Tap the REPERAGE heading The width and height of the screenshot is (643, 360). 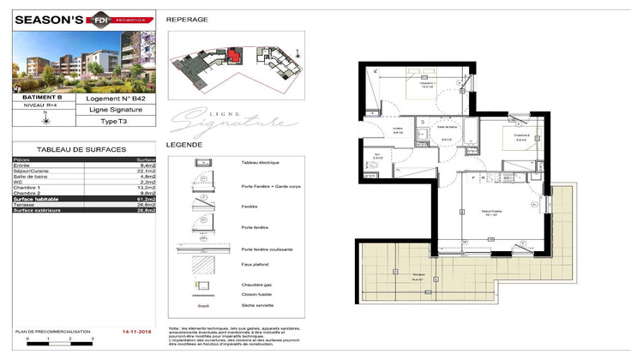coord(186,19)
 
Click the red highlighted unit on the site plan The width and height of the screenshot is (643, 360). coord(233,56)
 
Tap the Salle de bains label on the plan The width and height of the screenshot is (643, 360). coord(446,139)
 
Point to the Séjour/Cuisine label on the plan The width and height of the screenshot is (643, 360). coord(491,214)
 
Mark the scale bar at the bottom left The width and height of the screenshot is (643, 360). coord(60,342)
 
